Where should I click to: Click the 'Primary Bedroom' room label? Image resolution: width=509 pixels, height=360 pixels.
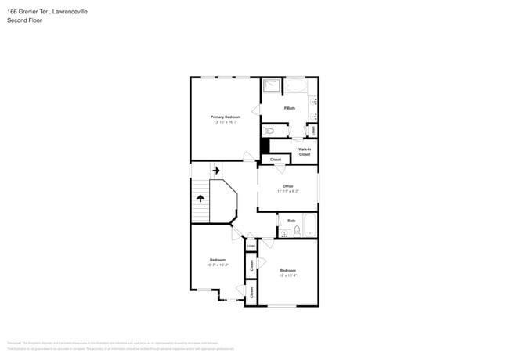(x=226, y=117)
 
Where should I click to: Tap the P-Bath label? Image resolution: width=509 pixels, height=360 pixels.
(x=289, y=107)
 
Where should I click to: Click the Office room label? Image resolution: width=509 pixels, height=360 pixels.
(x=287, y=185)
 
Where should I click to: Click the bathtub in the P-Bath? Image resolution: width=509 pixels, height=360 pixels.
(x=296, y=85)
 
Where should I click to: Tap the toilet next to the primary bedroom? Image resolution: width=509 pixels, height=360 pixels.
(x=268, y=130)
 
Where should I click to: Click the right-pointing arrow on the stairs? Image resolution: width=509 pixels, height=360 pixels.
(x=215, y=169)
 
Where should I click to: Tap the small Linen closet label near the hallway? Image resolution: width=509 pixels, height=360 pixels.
(x=251, y=247)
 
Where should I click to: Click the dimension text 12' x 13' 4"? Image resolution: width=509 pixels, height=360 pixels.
(x=287, y=275)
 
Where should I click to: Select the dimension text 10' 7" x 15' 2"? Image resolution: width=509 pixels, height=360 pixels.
(x=217, y=265)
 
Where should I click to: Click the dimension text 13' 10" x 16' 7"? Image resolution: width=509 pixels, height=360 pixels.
(x=226, y=121)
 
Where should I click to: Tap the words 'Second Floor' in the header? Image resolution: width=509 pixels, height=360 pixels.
(x=24, y=20)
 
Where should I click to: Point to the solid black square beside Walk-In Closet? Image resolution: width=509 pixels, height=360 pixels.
(x=265, y=146)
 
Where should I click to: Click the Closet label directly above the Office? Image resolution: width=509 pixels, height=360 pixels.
(x=275, y=160)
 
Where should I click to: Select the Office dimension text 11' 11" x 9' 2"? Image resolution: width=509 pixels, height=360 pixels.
(x=287, y=190)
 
